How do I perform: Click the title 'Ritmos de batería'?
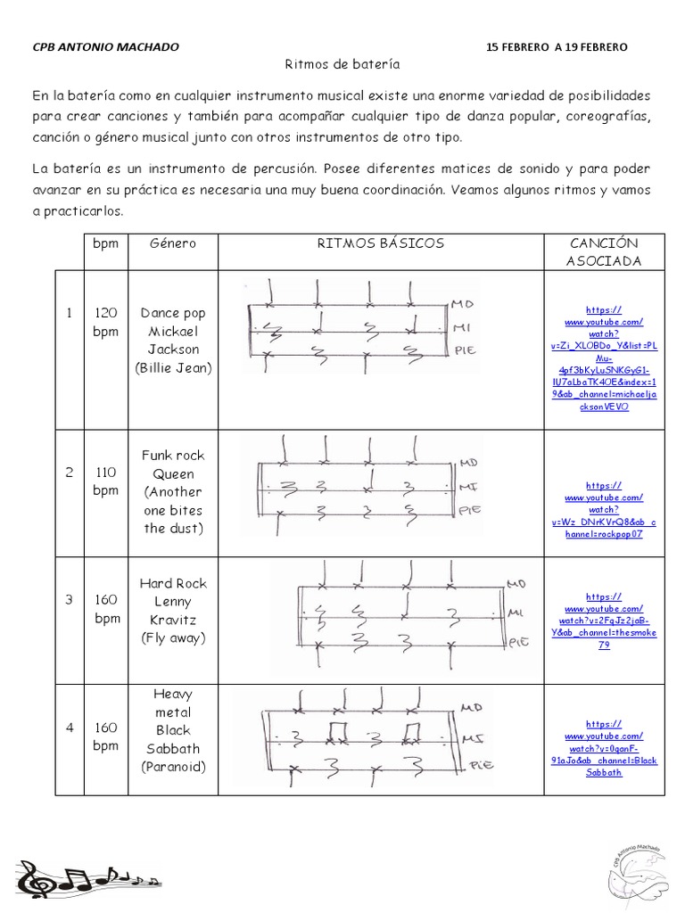(342, 65)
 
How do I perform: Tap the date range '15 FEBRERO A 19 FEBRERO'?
(557, 46)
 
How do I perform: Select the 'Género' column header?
(172, 243)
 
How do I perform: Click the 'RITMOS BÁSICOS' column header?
(381, 243)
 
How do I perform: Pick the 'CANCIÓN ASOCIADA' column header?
(603, 251)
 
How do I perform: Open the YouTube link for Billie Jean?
(603, 357)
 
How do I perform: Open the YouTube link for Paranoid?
(603, 748)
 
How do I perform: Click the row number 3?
(68, 599)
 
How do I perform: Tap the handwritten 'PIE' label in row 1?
(466, 350)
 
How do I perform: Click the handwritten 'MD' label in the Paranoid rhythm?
(472, 707)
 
